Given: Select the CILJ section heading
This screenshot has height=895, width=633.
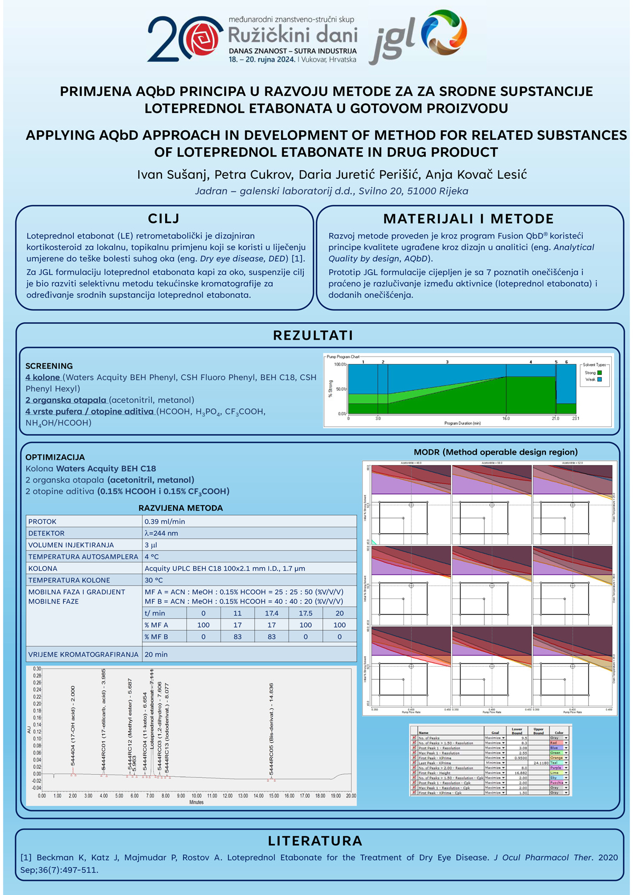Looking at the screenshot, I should (164, 219).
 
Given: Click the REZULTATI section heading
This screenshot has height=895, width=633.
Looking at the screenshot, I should (313, 335).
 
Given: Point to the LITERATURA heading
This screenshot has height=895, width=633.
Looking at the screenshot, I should (315, 841).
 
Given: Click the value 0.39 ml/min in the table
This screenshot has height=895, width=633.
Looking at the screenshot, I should (165, 521).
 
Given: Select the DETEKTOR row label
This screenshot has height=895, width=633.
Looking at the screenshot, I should (46, 533).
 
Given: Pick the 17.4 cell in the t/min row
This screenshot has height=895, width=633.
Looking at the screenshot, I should (271, 613).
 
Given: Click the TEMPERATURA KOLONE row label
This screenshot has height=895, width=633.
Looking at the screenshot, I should (69, 580).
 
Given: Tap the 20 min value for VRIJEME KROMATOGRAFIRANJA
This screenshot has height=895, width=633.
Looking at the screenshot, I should (156, 655).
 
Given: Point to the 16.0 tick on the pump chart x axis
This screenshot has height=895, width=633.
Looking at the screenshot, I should (506, 418).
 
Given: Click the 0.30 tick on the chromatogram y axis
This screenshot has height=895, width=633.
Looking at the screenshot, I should (37, 669).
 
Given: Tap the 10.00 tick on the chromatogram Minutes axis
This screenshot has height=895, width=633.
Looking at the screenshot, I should (196, 796).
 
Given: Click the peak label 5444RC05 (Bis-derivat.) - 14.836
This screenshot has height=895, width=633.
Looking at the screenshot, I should (271, 728).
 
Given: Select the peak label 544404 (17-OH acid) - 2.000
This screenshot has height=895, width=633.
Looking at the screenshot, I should (73, 725).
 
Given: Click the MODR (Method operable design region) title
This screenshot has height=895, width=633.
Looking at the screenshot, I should (495, 452).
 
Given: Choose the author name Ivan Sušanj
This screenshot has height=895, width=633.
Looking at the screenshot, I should (172, 175).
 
